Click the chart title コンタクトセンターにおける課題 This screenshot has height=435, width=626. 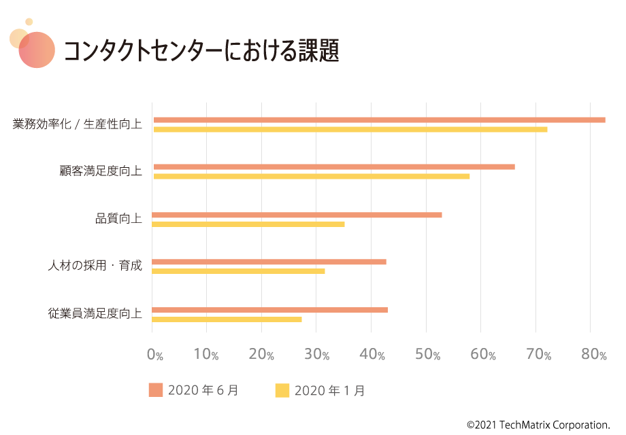point(201,52)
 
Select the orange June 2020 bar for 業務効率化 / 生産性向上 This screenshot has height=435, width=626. point(379,120)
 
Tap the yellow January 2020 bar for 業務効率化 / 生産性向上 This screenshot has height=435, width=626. point(350,129)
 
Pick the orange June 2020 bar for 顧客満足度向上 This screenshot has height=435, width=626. point(333,167)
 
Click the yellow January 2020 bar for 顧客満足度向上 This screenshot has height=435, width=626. point(311,176)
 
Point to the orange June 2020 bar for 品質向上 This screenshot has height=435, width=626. point(297,215)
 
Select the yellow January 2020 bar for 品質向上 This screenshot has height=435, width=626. point(248,224)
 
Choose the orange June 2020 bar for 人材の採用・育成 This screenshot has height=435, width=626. point(269,262)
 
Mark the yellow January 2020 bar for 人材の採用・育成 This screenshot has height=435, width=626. point(238,271)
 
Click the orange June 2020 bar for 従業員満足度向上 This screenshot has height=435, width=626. point(269,310)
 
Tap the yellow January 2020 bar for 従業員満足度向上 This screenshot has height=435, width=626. point(227,319)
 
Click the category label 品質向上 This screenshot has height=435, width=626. point(118,219)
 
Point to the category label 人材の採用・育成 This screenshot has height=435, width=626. point(95,266)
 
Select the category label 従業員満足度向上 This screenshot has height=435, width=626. point(95,314)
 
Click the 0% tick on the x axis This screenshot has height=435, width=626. point(155,355)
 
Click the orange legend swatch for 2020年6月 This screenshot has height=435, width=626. point(156,390)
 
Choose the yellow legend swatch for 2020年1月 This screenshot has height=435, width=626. point(282,390)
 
